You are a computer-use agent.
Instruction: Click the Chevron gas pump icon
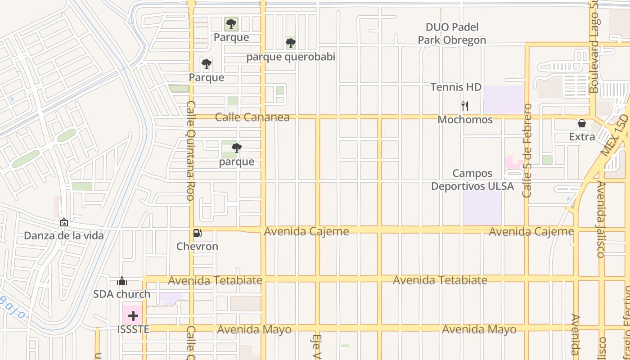coord(197,233)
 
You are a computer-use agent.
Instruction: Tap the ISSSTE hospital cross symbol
coord(133,316)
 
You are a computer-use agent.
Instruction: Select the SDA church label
coord(121,294)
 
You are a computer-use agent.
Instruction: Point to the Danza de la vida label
coord(63,236)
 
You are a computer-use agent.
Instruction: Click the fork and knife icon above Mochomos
coord(465,106)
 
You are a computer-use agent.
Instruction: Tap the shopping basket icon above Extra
coord(582,123)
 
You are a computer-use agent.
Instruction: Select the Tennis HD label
coord(456,87)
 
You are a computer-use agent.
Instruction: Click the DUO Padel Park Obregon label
coord(452,34)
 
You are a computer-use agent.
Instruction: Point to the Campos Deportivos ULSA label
coord(472,180)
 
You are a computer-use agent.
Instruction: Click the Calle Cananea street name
coord(252,117)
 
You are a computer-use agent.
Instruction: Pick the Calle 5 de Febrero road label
coord(527,150)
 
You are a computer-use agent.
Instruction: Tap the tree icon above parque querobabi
coord(291,43)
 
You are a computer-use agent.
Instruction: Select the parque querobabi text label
coord(291,57)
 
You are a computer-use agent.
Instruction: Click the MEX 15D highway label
coord(615,135)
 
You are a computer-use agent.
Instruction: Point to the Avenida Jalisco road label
coord(601,219)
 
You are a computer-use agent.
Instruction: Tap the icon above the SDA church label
coord(121,281)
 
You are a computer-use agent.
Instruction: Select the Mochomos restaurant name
coord(465,120)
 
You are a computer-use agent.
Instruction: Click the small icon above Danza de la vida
coord(63,222)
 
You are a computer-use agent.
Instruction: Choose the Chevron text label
coord(197,247)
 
